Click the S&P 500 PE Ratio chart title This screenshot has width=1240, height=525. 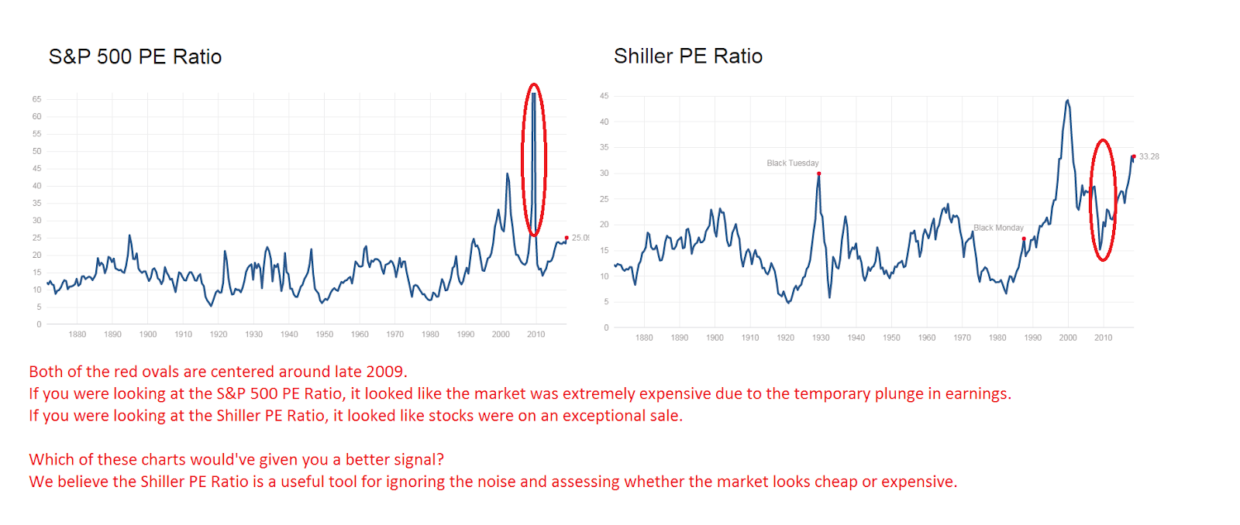click(x=135, y=57)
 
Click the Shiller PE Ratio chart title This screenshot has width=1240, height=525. click(x=687, y=56)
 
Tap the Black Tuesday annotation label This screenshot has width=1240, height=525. click(x=792, y=163)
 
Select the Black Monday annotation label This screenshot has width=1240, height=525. click(x=998, y=228)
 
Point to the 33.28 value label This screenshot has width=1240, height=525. click(x=1149, y=156)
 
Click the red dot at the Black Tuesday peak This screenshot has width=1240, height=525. click(x=818, y=173)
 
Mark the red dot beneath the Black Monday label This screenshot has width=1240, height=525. click(x=1024, y=238)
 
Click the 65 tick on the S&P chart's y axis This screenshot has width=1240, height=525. click(x=36, y=99)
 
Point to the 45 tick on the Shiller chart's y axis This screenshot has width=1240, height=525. click(x=604, y=96)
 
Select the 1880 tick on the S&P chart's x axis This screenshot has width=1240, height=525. click(x=77, y=335)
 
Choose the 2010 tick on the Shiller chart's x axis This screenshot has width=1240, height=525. click(x=1103, y=338)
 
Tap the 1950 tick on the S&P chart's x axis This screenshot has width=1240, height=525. click(x=324, y=335)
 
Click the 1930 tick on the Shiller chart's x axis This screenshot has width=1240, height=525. click(x=820, y=338)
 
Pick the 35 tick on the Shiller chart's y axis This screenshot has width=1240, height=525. click(x=604, y=147)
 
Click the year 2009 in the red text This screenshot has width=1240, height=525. click(x=385, y=372)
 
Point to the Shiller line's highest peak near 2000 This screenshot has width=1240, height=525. click(x=1067, y=100)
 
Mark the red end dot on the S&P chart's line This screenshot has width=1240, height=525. click(x=567, y=238)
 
